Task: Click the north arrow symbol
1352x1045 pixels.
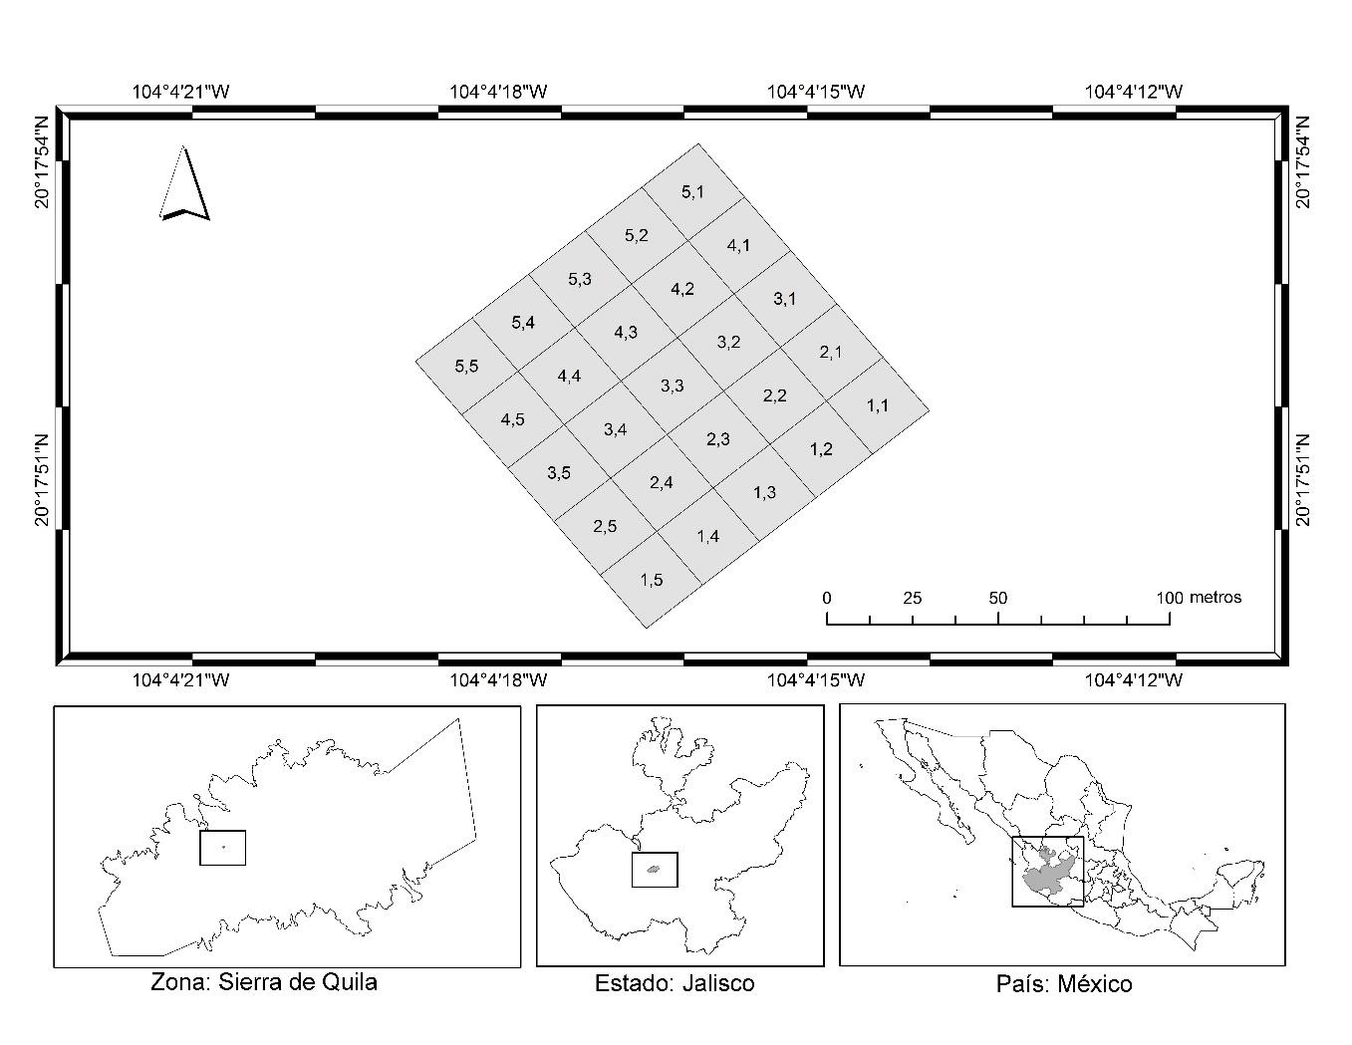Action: [184, 184]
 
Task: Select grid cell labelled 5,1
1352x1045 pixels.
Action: [693, 191]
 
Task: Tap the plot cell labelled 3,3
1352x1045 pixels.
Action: [673, 386]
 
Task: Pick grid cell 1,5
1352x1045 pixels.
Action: [652, 580]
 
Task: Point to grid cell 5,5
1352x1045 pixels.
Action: [466, 366]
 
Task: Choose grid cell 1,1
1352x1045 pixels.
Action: [878, 405]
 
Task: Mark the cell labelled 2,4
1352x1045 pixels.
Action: [662, 483]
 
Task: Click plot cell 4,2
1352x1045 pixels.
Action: [682, 289]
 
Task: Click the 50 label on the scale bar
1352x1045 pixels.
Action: [998, 599]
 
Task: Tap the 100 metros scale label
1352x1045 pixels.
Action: [1200, 598]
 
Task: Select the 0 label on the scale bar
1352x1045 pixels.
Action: [827, 599]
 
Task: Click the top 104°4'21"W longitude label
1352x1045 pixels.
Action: [181, 92]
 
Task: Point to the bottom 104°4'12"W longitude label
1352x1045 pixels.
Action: [1134, 680]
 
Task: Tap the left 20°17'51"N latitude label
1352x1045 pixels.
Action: [41, 479]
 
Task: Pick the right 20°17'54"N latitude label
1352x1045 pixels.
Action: [1303, 161]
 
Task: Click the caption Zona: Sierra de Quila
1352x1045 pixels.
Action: [264, 982]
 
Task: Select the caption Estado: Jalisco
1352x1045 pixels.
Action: [675, 983]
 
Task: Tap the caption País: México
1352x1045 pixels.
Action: [1064, 984]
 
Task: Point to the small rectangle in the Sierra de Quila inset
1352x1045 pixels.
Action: [222, 848]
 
